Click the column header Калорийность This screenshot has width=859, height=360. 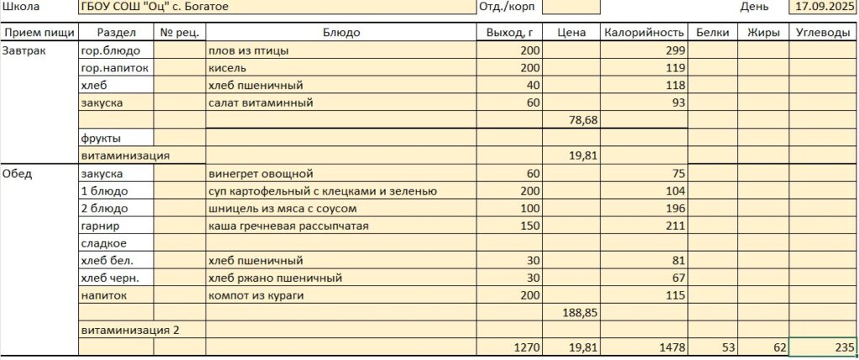click(643, 33)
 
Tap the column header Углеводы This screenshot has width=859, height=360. click(823, 33)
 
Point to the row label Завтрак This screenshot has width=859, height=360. click(24, 50)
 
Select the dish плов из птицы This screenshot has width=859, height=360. click(249, 50)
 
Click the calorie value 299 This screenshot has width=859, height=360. click(674, 50)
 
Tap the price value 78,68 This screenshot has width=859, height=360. click(583, 121)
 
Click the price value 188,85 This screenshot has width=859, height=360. click(580, 312)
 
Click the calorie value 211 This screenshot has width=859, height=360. click(674, 226)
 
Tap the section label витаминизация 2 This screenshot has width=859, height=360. click(129, 330)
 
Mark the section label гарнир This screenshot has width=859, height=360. click(101, 226)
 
